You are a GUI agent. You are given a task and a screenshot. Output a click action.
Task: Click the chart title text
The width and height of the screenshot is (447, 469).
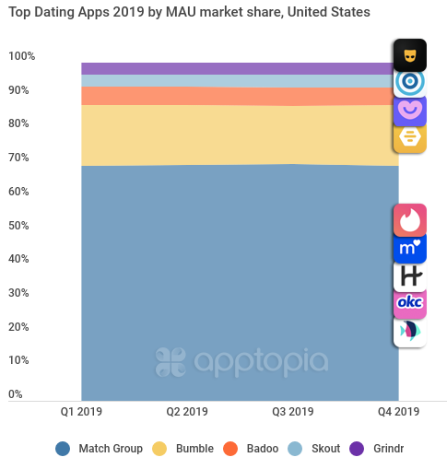[189, 13]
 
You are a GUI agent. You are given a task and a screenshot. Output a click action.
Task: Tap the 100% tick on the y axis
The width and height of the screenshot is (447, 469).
[22, 56]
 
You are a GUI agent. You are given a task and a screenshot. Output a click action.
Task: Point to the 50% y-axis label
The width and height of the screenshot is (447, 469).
[22, 226]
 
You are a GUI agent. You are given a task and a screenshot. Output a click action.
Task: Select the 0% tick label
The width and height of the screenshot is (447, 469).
[16, 394]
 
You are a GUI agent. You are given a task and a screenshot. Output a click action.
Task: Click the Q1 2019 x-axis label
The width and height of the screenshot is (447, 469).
[82, 411]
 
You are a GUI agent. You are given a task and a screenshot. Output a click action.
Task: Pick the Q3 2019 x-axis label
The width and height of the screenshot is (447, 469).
[293, 411]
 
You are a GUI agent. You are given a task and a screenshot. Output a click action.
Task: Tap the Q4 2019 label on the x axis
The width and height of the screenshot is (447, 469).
[398, 411]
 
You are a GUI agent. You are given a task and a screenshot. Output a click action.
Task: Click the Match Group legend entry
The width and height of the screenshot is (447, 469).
[99, 449]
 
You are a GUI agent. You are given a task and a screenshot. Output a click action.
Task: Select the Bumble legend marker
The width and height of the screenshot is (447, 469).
[159, 449]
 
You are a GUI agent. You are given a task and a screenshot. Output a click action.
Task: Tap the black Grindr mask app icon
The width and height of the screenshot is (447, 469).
[409, 55]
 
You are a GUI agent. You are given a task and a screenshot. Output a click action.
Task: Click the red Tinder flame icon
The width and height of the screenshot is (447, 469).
[409, 220]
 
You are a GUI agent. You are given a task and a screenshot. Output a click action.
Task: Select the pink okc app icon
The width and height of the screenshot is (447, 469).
[409, 302]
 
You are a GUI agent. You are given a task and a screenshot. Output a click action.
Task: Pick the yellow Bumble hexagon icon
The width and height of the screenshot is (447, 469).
[409, 137]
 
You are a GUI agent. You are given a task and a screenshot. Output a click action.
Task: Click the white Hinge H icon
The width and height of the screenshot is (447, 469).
[409, 276]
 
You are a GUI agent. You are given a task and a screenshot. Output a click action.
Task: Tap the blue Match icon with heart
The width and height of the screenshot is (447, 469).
[409, 248]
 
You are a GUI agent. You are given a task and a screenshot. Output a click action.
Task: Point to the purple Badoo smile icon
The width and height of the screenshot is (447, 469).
[409, 110]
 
